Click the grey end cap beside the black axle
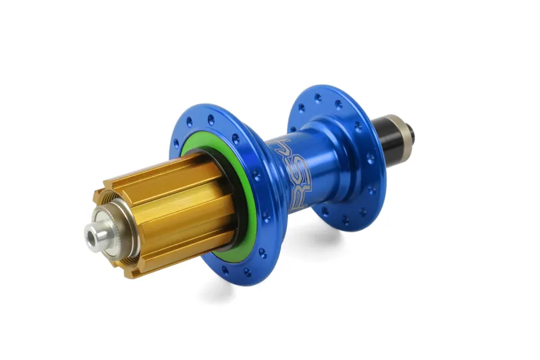412,129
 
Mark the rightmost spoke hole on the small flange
371,159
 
